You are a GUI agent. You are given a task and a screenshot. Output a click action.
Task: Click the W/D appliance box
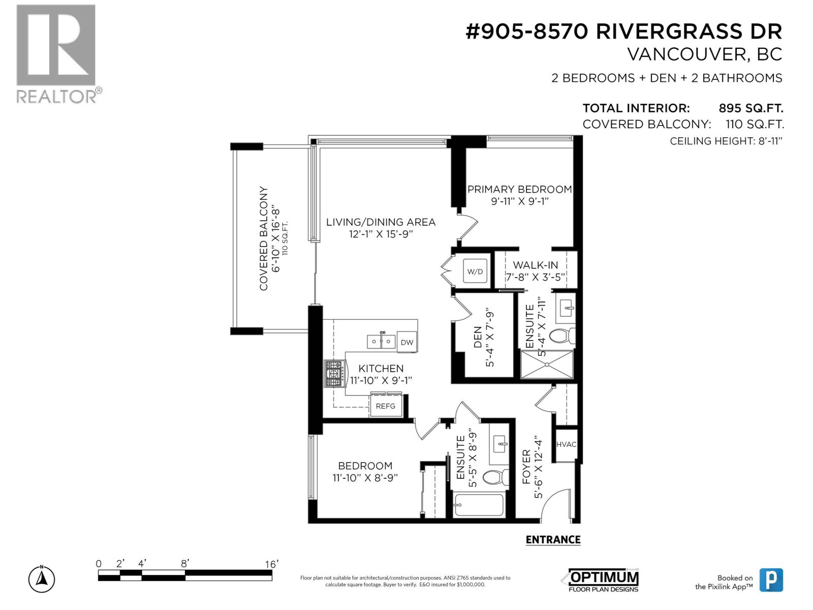pyautogui.click(x=475, y=271)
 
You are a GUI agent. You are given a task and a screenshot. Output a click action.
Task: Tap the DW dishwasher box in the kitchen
pyautogui.click(x=407, y=342)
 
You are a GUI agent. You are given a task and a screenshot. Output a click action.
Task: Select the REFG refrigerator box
pyautogui.click(x=385, y=406)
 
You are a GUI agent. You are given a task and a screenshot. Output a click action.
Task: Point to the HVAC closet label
pyautogui.click(x=567, y=444)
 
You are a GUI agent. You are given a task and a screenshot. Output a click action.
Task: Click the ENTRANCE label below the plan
pyautogui.click(x=553, y=540)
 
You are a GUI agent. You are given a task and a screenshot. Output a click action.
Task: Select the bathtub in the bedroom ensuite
pyautogui.click(x=479, y=505)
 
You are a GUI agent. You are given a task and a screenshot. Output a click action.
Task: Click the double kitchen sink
pyautogui.click(x=382, y=341)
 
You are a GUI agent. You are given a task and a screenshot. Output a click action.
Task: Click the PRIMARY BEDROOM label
pyautogui.click(x=519, y=190)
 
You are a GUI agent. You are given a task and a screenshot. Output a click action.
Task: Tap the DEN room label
pyautogui.click(x=478, y=337)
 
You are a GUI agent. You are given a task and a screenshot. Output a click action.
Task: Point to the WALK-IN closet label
pyautogui.click(x=535, y=265)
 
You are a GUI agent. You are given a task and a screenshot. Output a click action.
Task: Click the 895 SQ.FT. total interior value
pyautogui.click(x=751, y=108)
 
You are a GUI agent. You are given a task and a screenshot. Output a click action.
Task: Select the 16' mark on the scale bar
pyautogui.click(x=271, y=564)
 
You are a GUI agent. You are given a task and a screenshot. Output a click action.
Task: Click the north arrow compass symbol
pyautogui.click(x=42, y=578)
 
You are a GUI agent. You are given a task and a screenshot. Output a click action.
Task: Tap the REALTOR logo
pyautogui.click(x=56, y=53)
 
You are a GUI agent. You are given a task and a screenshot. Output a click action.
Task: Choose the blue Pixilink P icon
pyautogui.click(x=771, y=580)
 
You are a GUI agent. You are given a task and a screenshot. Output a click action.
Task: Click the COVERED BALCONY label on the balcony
pyautogui.click(x=264, y=239)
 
